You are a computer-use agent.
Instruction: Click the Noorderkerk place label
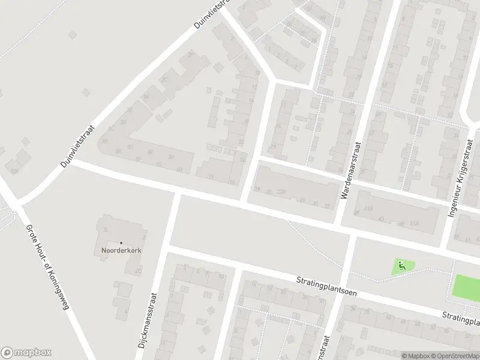click(x=121, y=250)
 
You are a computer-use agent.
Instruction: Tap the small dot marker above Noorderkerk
click(x=121, y=242)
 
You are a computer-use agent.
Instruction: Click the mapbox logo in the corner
click(x=26, y=353)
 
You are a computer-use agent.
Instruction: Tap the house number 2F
click(x=191, y=56)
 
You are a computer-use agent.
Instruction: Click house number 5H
click(x=171, y=157)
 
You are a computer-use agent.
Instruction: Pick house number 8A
click(x=146, y=96)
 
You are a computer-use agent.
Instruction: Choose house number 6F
click(x=151, y=152)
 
